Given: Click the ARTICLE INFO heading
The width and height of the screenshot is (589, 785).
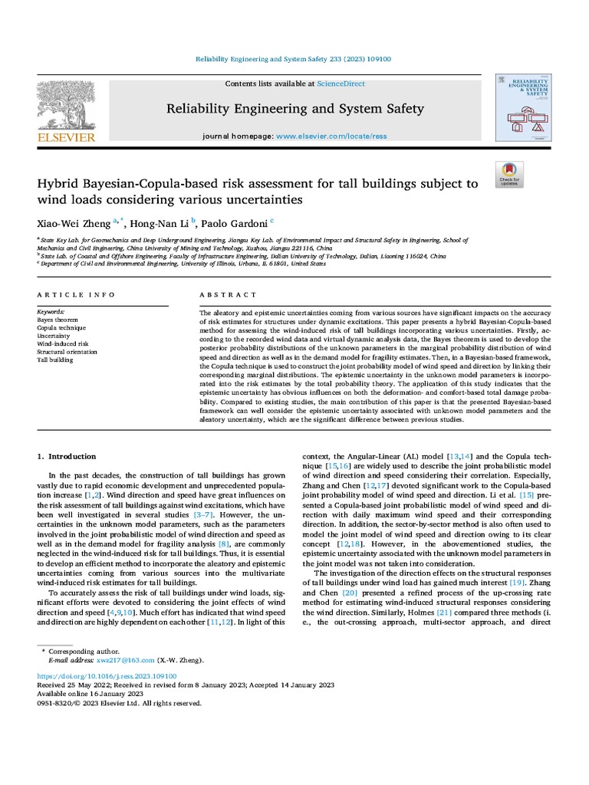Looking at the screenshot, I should [x=76, y=295].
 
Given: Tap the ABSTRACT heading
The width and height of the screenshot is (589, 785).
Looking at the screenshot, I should [x=228, y=295].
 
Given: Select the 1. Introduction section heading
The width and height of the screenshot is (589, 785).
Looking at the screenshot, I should [x=67, y=456].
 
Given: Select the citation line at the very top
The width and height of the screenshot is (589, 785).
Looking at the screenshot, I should [x=294, y=59].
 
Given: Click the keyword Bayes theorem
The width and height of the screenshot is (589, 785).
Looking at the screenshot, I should [x=58, y=320].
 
